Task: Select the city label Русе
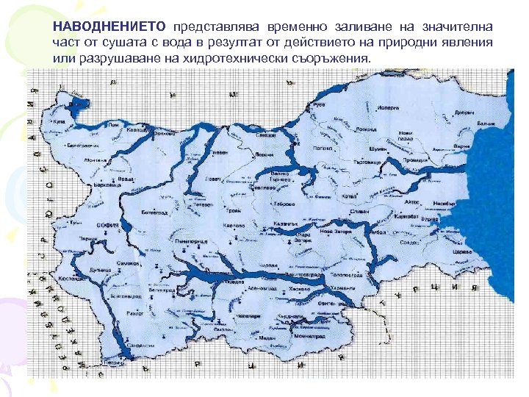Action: coord(319,106)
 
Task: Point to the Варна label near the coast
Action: coord(461,147)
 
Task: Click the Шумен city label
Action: coord(378,149)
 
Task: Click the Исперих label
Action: coord(389,107)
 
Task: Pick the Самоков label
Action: coord(129,262)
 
